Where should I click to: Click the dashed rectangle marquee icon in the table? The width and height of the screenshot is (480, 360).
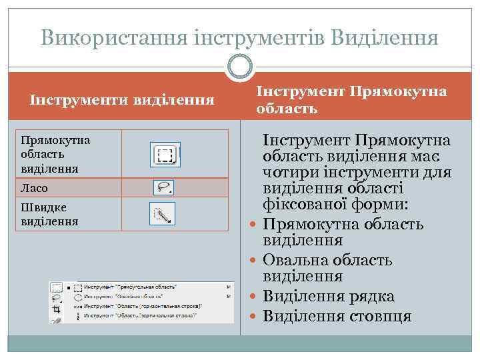(165, 155)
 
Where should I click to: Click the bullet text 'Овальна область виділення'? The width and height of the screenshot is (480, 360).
(327, 267)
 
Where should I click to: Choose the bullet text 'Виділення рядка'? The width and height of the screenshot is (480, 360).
(329, 297)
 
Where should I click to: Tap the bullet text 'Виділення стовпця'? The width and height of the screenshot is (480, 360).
(337, 315)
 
